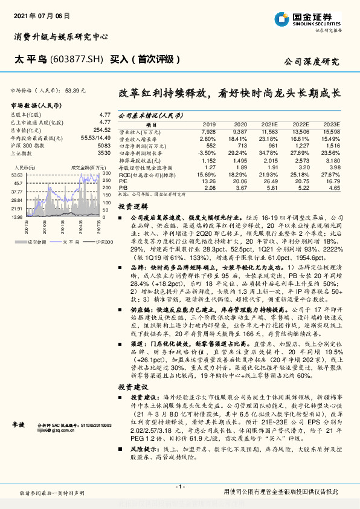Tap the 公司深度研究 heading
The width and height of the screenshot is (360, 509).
[312, 61]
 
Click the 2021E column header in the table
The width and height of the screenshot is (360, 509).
[269, 124]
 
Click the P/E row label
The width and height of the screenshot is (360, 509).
[122, 181]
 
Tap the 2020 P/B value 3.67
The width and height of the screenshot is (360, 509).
[240, 188]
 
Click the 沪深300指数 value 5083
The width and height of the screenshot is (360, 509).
[104, 146]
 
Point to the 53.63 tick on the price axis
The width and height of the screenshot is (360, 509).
[17, 174]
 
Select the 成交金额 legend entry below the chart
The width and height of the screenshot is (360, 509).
[33, 241]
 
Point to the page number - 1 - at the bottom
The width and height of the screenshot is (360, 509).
[179, 487]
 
